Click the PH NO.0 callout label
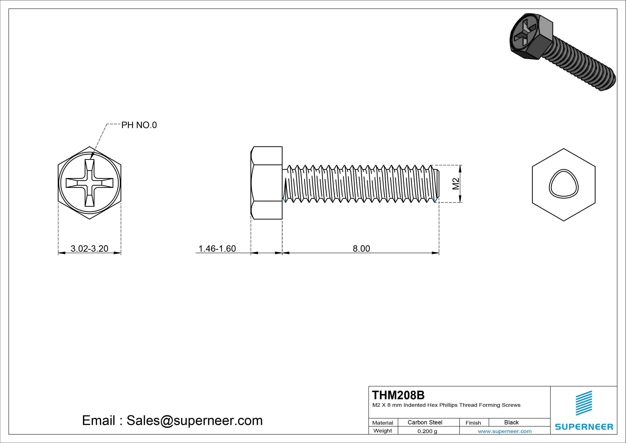139,125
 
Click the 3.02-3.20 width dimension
89,248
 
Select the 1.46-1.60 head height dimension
217,248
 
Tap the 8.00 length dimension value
361,248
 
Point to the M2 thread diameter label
456,184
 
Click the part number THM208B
398,395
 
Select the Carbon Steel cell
425,422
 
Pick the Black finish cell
511,422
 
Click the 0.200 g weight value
427,431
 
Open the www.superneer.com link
505,431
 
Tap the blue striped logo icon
584,403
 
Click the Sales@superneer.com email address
194,420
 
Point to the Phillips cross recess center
89,183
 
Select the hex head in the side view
267,183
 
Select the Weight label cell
383,431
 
